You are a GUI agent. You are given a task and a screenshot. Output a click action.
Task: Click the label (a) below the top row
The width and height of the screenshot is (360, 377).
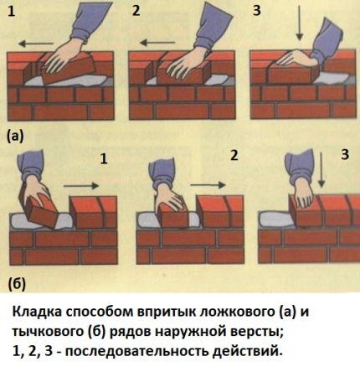pos(15,134)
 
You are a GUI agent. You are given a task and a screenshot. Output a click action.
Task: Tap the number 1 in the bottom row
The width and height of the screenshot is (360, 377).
pos(104,157)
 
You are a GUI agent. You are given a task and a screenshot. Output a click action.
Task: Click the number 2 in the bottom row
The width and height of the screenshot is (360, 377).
pos(234,155)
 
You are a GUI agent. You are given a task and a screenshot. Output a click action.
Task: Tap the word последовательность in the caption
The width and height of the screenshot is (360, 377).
pos(150,352)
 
